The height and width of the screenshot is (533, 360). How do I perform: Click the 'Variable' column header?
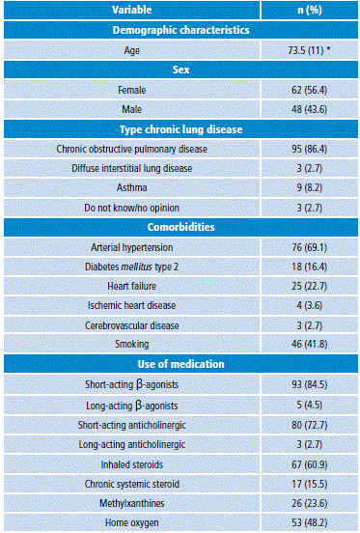click(131, 10)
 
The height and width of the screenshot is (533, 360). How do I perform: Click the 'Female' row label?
click(131, 90)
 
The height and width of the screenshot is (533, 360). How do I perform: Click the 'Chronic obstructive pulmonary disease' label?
click(131, 150)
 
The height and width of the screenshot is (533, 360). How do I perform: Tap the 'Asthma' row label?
click(131, 189)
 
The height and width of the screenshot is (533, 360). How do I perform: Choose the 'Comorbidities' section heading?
click(180, 229)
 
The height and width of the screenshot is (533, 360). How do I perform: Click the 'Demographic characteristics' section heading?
click(180, 30)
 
